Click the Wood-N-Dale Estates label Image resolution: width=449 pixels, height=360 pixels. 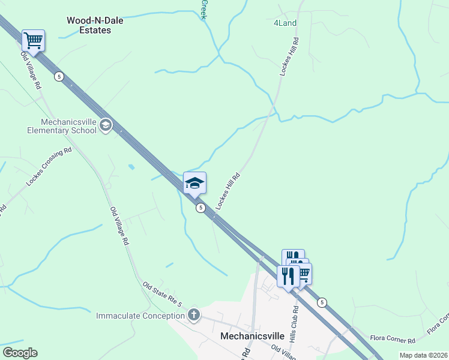[95, 25]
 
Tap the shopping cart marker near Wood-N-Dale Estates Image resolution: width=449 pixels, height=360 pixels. [33, 41]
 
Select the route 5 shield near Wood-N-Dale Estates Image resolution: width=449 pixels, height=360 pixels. [58, 76]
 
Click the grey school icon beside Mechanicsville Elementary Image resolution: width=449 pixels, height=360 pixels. [106, 125]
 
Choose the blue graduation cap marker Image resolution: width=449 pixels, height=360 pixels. [194, 182]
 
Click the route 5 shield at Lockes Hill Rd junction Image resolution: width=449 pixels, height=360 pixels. [201, 208]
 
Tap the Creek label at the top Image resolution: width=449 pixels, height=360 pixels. [203, 9]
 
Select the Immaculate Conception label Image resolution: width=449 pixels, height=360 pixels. [140, 316]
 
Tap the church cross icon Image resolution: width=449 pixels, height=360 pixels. [193, 314]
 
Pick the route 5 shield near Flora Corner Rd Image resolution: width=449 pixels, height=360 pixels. [322, 302]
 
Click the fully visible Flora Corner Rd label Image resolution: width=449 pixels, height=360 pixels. [393, 341]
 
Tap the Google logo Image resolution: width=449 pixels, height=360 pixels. [20, 353]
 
